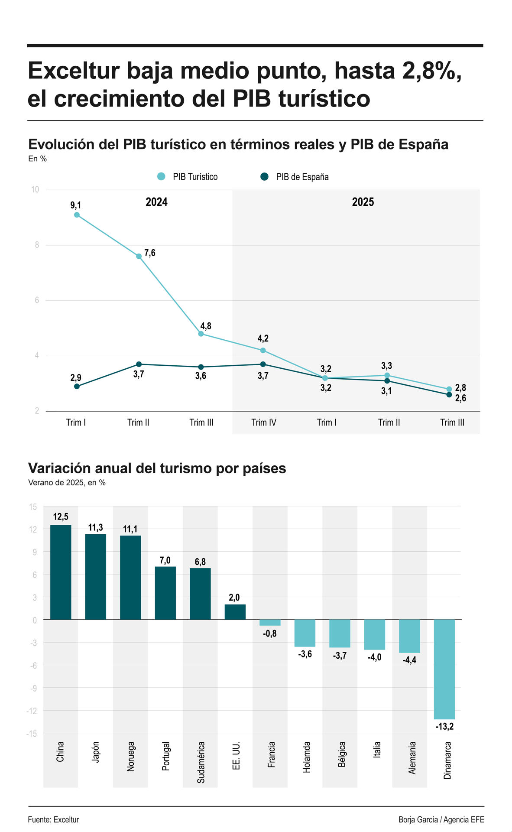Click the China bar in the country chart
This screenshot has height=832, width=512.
point(61,572)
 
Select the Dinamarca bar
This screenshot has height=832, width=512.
point(444,669)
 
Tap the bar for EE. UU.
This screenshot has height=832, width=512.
point(235,612)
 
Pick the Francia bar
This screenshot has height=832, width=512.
point(270,623)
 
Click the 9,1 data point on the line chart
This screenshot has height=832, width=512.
point(77,215)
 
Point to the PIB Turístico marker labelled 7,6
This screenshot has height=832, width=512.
point(139,257)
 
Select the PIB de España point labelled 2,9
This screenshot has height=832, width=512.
point(77,387)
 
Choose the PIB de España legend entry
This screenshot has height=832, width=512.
point(295,177)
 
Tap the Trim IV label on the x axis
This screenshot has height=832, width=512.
point(264,422)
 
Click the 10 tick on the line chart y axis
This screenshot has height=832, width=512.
point(35,190)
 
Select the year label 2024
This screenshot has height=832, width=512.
point(156,202)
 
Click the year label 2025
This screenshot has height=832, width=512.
point(363,202)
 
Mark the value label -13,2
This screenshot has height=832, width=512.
point(444,727)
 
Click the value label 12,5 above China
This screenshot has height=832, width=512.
point(61,517)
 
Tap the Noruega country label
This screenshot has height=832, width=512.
point(131,757)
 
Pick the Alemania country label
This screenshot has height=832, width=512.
point(412,758)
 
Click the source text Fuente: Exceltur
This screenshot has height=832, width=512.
point(53,819)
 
